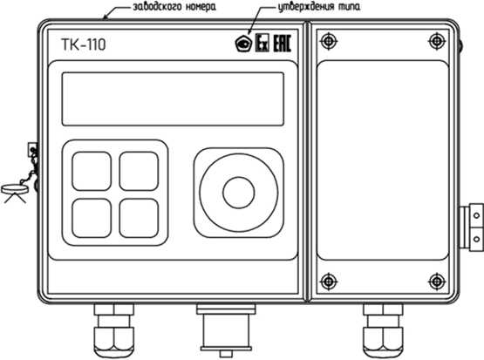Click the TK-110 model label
point(84,44)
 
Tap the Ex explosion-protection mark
point(262,43)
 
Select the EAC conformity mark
point(283,43)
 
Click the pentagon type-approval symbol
point(244,44)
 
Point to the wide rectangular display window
point(173,98)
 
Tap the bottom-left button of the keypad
point(92,218)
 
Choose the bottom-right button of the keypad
point(139,218)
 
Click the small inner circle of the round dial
point(239,193)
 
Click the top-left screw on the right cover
point(329,41)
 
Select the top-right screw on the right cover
point(437,41)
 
